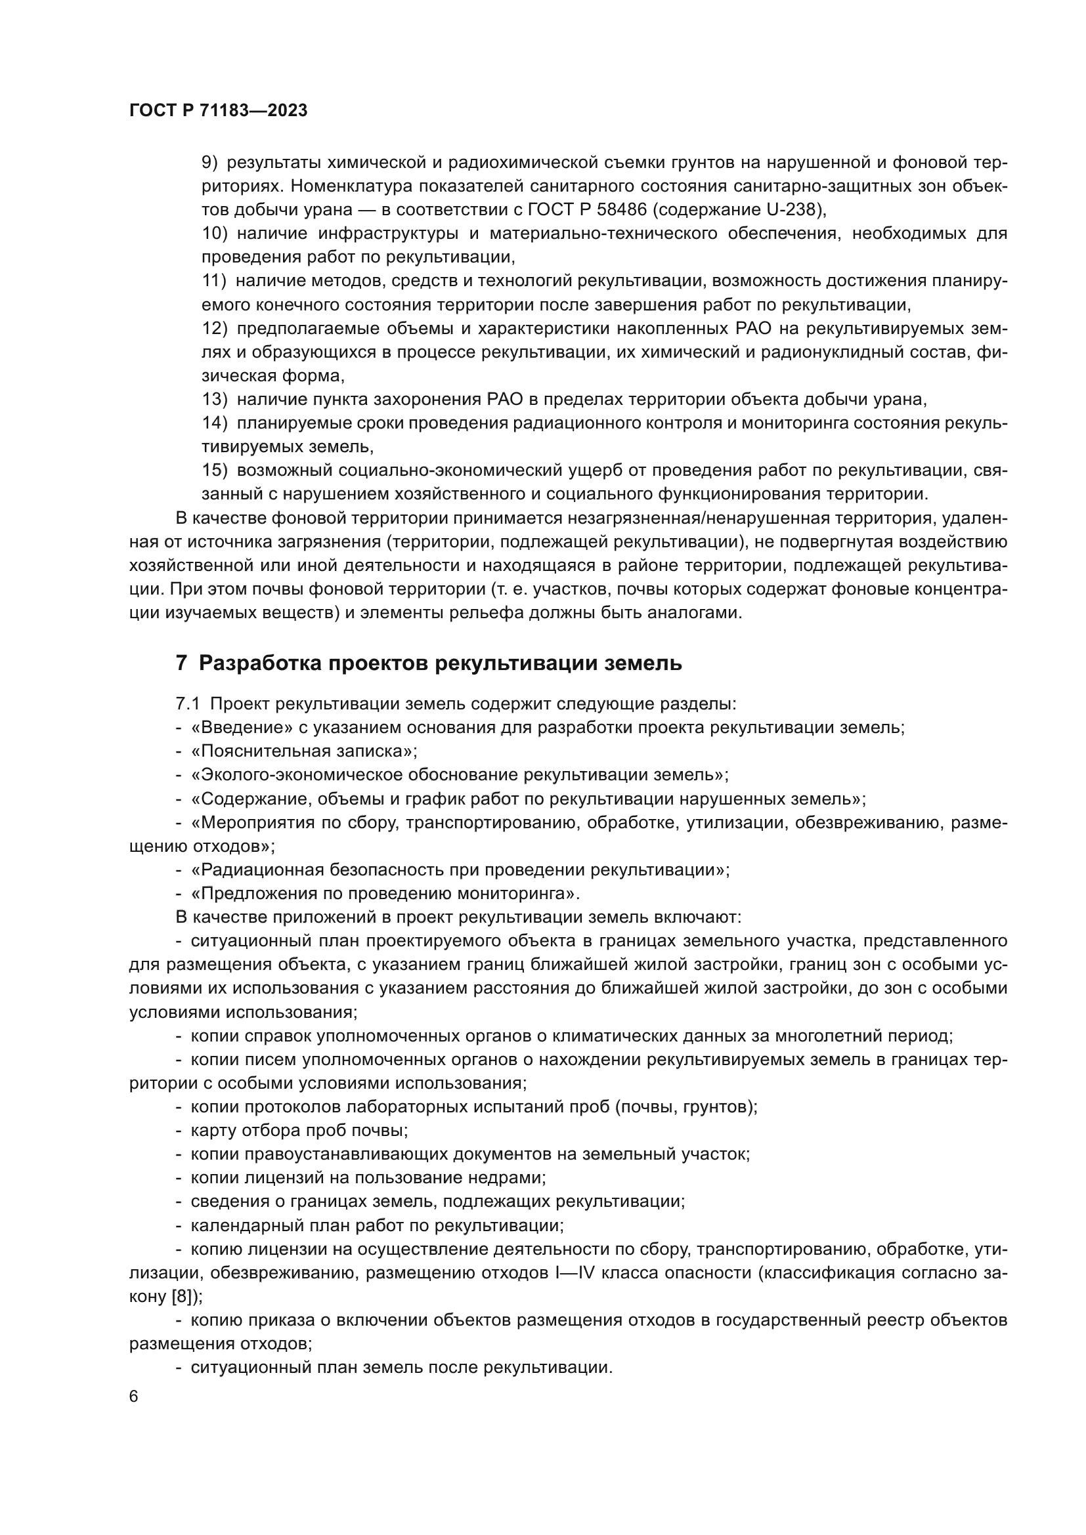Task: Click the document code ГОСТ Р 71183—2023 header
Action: tap(218, 111)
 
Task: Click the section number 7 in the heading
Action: tap(181, 664)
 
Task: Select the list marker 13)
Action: tap(215, 400)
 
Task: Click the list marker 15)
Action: tap(215, 471)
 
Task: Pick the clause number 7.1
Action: tap(188, 704)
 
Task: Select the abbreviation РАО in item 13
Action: tap(500, 400)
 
